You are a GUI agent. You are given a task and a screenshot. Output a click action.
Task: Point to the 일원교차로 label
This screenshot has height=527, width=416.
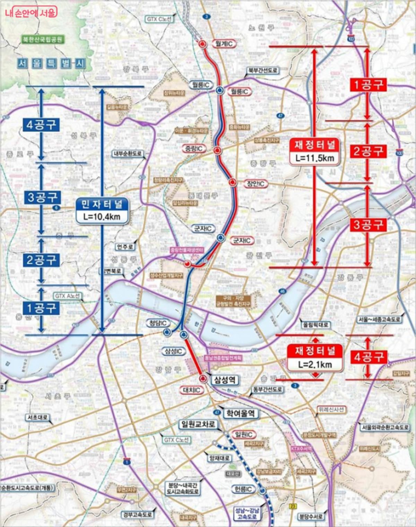pos(197,424)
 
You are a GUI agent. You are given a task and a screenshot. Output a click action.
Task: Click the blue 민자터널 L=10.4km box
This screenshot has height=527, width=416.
pos(102,211)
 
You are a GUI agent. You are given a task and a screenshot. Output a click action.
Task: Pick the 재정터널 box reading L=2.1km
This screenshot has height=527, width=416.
pos(314,357)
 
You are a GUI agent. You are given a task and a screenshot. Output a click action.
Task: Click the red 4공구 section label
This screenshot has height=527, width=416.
pos(368,357)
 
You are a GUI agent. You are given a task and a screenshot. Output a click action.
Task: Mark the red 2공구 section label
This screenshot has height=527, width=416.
pos(368,151)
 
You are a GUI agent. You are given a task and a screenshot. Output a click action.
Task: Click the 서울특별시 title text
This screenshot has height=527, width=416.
pos(51,63)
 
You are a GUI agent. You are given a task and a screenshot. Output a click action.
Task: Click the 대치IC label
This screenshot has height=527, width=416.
pos(192,390)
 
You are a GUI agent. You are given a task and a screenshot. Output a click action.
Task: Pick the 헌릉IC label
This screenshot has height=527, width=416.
pos(243,489)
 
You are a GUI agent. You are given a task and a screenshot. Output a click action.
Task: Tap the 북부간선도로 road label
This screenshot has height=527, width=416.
pos(262,70)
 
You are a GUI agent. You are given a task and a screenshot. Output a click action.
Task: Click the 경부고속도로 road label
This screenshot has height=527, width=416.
pos(137,514)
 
